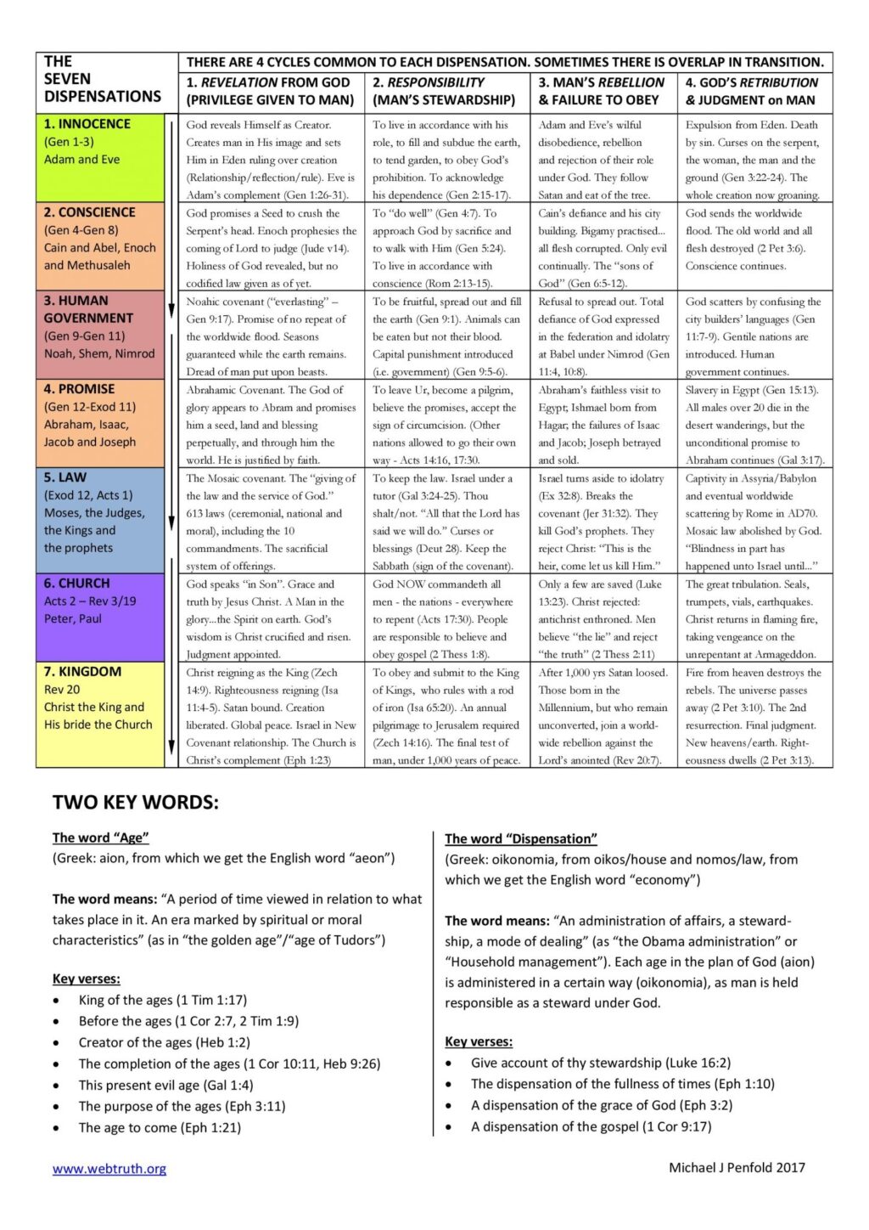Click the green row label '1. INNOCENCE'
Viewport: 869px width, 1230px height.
(x=87, y=124)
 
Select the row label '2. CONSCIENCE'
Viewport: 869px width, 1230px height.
(x=90, y=212)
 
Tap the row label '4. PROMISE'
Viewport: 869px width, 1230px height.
(x=79, y=389)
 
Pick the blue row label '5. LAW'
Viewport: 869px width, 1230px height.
(x=65, y=477)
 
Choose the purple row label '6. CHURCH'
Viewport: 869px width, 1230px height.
(x=77, y=584)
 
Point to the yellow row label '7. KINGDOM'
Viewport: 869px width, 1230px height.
(x=82, y=672)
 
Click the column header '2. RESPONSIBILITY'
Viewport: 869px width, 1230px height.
(x=444, y=91)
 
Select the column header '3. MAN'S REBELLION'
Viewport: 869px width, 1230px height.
(x=602, y=91)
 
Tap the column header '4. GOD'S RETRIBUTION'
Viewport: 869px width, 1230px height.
(x=752, y=91)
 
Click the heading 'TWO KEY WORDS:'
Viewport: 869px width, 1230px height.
(x=136, y=802)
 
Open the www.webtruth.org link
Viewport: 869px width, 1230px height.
(x=109, y=1169)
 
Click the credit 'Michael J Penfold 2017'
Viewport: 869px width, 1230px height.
(x=737, y=1167)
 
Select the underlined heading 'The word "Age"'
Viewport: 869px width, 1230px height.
(x=101, y=838)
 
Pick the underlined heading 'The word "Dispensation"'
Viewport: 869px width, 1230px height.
(x=521, y=838)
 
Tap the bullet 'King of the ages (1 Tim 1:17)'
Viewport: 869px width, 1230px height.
(x=163, y=1000)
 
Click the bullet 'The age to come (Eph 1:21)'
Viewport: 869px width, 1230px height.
(x=160, y=1127)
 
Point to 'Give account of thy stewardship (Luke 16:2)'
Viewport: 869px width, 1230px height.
(x=601, y=1063)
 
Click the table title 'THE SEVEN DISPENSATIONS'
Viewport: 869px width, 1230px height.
(x=103, y=79)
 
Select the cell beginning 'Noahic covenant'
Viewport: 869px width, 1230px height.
(x=271, y=336)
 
